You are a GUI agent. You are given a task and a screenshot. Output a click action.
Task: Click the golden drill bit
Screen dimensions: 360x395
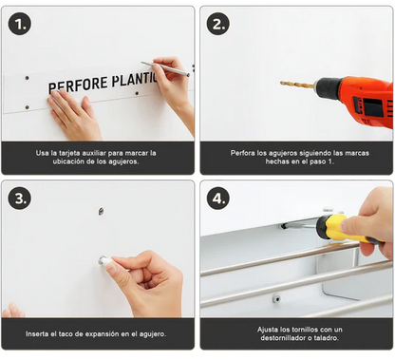pyautogui.click(x=297, y=85)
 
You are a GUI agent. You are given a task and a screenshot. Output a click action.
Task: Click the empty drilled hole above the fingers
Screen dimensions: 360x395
pyautogui.click(x=102, y=211)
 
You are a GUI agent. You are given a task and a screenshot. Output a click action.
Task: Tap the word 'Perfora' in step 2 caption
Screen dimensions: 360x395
pyautogui.click(x=244, y=152)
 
